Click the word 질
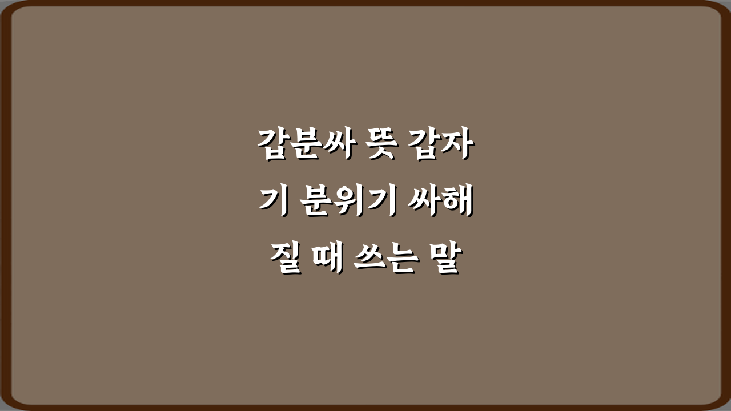(285, 260)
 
